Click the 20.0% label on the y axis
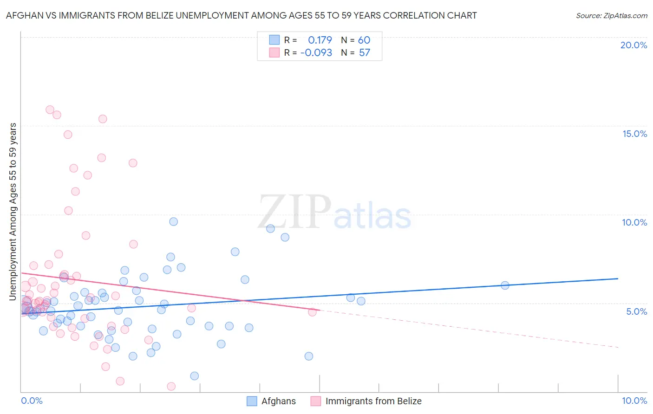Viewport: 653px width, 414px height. (x=633, y=45)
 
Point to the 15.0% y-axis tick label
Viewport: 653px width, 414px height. (x=634, y=134)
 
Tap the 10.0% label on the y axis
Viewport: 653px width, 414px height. (x=634, y=222)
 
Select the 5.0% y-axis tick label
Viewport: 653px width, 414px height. (x=636, y=311)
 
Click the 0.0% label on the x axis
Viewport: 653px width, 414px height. (x=32, y=401)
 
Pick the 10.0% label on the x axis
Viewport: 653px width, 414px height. (x=634, y=401)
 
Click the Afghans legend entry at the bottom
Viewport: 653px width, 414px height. (x=278, y=401)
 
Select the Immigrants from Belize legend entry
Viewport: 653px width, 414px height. (x=373, y=401)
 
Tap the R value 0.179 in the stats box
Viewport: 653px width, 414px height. (x=320, y=40)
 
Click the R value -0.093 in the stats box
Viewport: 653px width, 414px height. (x=316, y=53)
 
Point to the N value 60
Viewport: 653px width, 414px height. (x=364, y=40)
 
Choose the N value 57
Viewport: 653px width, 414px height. (x=365, y=53)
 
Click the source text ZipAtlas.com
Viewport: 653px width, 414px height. (x=611, y=16)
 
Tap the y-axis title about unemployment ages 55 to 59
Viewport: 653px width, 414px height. (x=13, y=211)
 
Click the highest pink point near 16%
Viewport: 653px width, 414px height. (x=50, y=110)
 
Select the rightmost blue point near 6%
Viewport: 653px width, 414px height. (x=505, y=285)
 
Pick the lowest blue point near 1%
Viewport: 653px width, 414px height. (x=195, y=376)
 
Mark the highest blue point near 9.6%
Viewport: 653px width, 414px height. (x=173, y=221)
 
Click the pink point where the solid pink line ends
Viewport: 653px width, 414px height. (x=312, y=312)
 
